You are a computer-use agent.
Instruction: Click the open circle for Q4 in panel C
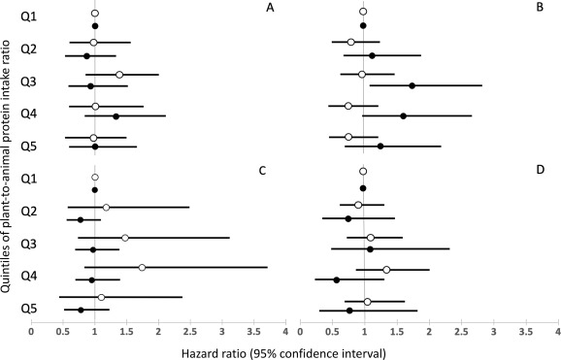[x=142, y=267]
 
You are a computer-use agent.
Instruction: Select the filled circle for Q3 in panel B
[x=412, y=85]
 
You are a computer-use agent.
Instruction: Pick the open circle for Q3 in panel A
[x=119, y=75]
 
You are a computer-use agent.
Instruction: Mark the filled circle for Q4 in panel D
[x=337, y=279]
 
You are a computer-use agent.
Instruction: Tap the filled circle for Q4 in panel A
[x=115, y=116]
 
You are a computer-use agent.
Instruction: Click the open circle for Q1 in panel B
[x=363, y=13]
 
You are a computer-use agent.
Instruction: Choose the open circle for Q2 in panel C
[x=106, y=207]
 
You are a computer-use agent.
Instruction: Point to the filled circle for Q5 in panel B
[x=380, y=147]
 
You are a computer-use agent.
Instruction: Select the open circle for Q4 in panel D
[x=386, y=269]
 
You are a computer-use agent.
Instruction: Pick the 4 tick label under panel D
[x=556, y=331]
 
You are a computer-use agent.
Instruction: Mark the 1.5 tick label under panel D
[x=396, y=331]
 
